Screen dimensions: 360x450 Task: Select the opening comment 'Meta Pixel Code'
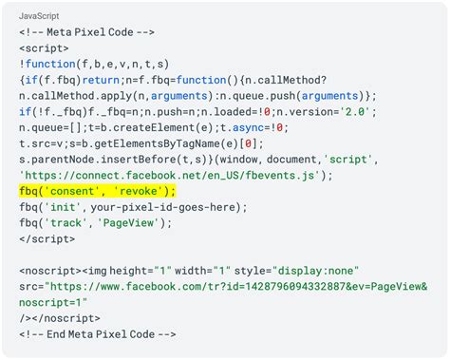tap(87, 31)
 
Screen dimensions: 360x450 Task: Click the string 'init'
tap(64, 207)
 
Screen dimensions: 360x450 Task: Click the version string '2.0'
tap(354, 111)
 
